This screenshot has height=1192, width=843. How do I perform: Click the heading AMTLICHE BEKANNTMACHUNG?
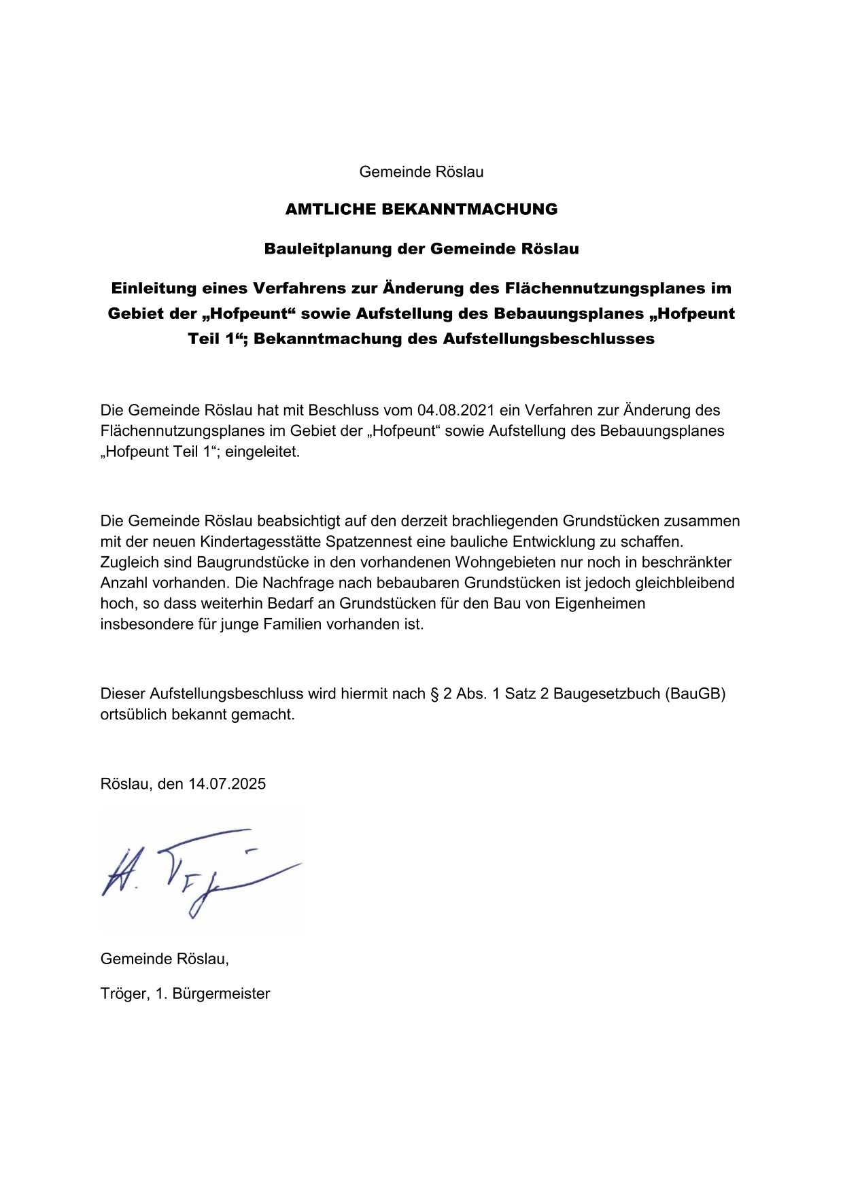pyautogui.click(x=421, y=209)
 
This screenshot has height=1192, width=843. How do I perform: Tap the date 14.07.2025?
pyautogui.click(x=227, y=783)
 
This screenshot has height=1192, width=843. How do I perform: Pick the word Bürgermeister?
pyautogui.click(x=221, y=993)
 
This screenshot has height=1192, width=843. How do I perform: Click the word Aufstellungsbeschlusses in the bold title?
pyautogui.click(x=549, y=339)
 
